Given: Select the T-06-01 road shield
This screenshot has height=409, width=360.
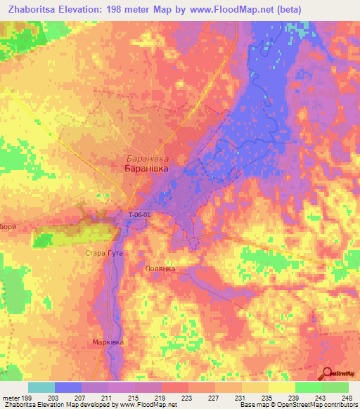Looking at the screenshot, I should (139, 215).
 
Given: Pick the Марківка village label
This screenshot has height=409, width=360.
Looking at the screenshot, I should (108, 342).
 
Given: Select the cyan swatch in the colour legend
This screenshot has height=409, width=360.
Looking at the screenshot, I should (41, 387).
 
